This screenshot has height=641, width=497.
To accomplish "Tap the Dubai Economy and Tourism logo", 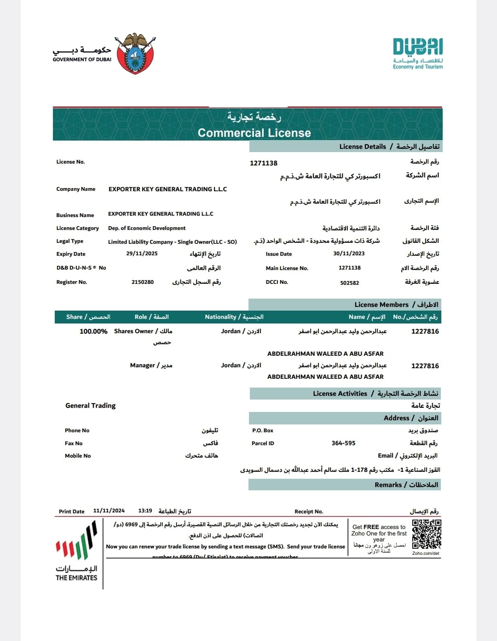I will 418,53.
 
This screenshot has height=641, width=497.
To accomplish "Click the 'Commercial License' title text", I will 254,133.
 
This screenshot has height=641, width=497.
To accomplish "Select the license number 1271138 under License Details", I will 264,163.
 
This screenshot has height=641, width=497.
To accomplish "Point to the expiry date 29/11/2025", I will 142,253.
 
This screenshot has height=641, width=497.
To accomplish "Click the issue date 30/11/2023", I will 349,253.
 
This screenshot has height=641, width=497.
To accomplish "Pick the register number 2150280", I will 143,282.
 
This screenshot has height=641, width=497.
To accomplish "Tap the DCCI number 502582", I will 349,283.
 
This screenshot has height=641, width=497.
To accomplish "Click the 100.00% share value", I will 93,331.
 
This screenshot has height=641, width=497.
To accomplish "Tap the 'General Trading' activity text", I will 91,406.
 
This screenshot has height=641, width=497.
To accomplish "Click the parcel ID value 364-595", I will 343,443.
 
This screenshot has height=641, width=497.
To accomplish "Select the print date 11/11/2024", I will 109,511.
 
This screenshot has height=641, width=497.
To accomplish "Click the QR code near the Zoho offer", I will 427,535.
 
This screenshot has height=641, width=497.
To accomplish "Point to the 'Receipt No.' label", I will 309,512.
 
